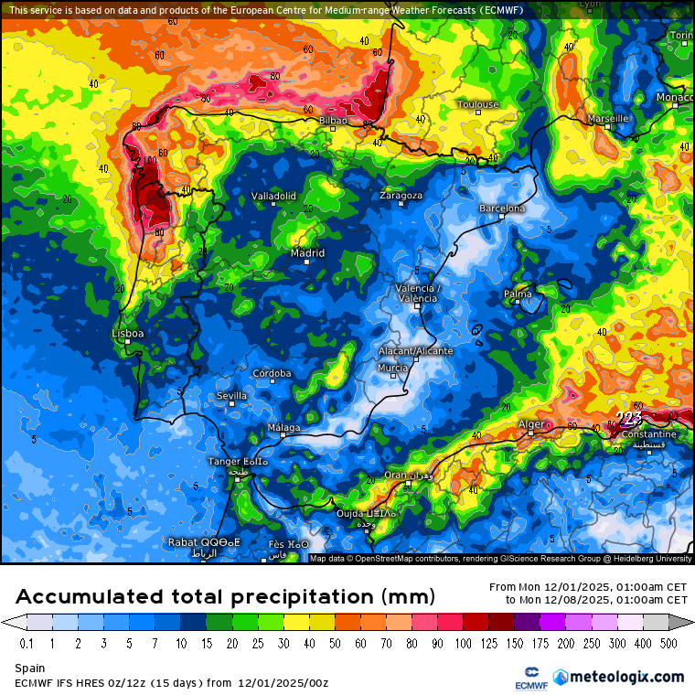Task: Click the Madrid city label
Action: pos(307,253)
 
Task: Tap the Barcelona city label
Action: pos(503,208)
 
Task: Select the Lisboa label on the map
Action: pos(127,334)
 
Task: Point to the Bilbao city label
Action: pos(334,120)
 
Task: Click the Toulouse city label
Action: pos(478,104)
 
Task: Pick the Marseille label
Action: pos(608,118)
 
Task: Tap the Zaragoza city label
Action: pos(401,196)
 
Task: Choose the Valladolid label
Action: pos(273,196)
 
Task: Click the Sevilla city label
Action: pos(231,395)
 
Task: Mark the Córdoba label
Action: pos(272,373)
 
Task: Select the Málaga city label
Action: pos(283,428)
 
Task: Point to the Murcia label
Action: pos(393,368)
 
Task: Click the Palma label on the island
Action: pos(518,294)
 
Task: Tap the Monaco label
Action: pos(675,98)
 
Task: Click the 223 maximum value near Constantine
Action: pos(628,417)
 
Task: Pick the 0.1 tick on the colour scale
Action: pos(27,643)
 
